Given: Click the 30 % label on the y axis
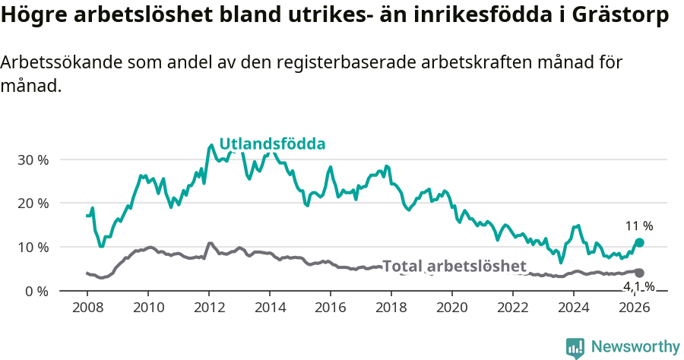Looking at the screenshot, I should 33,160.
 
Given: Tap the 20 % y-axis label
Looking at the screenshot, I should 33,204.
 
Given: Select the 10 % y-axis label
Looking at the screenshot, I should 33,248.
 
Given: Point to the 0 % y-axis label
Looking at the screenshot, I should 36,291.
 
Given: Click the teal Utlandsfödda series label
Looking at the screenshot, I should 272,144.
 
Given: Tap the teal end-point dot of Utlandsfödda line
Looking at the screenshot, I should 639,242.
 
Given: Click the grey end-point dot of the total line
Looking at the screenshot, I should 639,273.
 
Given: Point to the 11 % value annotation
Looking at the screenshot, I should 639,226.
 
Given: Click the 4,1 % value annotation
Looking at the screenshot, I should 638,286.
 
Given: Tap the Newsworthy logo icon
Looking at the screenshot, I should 575,347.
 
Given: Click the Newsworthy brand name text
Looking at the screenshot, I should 635,347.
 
